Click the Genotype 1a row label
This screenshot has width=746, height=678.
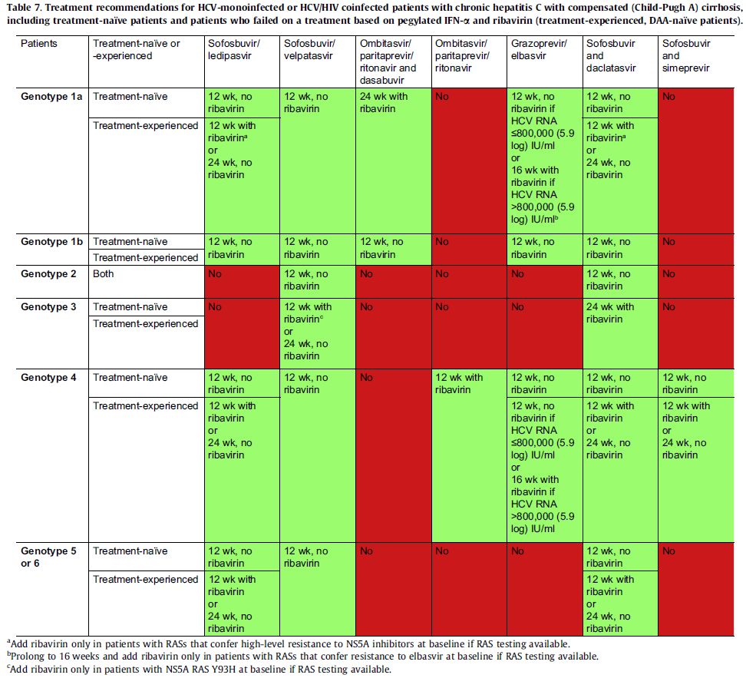coord(52,97)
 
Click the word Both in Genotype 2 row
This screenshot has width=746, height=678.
coord(104,273)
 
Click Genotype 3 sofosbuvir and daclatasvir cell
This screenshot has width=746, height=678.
coord(610,313)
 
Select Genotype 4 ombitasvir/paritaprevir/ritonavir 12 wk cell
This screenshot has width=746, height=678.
coord(461,383)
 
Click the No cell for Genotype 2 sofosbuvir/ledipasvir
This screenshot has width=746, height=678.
coord(215,273)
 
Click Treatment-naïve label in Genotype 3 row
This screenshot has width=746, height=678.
coord(130,307)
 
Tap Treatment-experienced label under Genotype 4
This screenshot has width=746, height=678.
coord(146,406)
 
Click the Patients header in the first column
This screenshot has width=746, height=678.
coord(39,44)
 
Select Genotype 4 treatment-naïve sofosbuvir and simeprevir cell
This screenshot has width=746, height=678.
coord(686,383)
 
